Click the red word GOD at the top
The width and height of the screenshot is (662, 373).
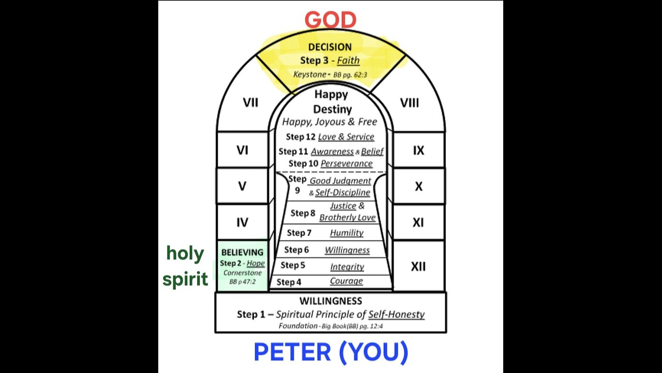330,20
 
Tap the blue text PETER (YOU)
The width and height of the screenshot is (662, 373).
331,352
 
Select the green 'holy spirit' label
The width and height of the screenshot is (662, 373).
185,266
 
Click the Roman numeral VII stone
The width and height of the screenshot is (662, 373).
250,103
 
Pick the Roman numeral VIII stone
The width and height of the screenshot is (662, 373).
409,103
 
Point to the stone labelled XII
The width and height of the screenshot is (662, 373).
418,266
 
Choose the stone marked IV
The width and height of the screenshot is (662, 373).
242,222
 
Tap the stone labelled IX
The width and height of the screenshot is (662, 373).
418,150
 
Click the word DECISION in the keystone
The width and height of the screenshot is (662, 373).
330,47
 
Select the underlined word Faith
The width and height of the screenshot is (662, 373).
348,60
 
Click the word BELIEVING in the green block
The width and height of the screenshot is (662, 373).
242,252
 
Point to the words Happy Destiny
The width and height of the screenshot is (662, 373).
331,102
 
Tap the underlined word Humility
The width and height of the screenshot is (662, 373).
347,233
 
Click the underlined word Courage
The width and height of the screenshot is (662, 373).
346,281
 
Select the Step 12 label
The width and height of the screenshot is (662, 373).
300,137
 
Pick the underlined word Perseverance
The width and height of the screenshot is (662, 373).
346,163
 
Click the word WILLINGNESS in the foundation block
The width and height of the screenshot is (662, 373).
330,300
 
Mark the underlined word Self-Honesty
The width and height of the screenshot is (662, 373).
396,314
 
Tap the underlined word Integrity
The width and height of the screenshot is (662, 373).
347,267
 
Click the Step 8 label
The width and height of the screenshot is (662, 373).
303,213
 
